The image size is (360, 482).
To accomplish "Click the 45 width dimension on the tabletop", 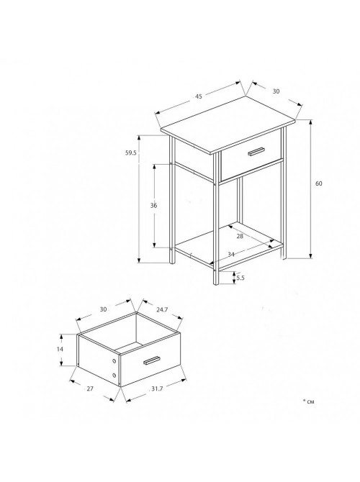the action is [199, 96].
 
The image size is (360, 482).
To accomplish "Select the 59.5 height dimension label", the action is [131, 153].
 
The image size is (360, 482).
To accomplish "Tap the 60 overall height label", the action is [319, 183].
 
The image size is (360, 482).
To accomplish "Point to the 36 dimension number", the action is [153, 205].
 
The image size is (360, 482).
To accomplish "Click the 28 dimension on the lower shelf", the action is [240, 236].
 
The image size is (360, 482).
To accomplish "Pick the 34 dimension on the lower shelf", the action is [231, 254].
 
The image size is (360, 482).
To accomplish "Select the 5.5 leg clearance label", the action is [240, 278].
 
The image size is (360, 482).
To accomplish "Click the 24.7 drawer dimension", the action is [162, 309].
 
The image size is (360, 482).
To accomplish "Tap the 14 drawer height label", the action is [60, 349].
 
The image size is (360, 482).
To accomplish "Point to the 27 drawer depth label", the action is [89, 388].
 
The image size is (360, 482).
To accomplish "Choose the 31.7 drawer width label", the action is [157, 388].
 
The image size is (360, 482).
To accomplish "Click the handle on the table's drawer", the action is [256, 152].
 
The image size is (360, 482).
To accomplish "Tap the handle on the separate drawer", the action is [152, 361].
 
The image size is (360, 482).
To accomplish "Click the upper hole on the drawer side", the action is [114, 361].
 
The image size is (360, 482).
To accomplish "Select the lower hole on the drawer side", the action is [114, 376].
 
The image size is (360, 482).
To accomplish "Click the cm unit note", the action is [309, 401].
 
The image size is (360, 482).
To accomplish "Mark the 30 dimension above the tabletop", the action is [276, 91].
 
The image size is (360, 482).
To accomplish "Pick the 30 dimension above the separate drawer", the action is [103, 309].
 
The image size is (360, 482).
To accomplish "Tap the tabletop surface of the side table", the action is [228, 124].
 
